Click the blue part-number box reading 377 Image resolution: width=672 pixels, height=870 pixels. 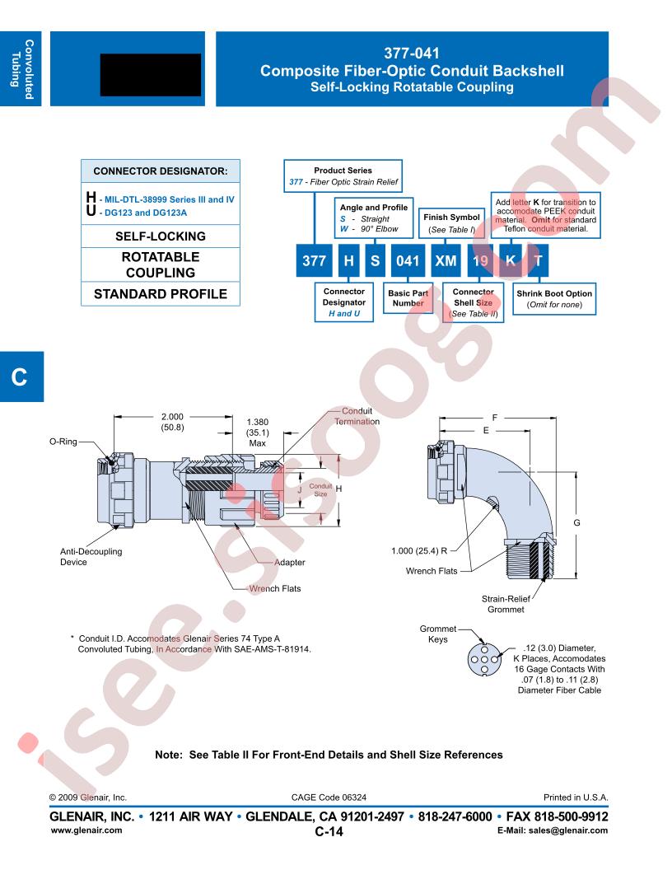(314, 260)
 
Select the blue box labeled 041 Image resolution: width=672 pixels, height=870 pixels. (408, 260)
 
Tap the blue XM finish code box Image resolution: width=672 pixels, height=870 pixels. (446, 260)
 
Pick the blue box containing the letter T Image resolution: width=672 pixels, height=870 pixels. (538, 260)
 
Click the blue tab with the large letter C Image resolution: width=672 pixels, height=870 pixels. (21, 377)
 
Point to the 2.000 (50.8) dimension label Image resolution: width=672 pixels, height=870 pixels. (172, 422)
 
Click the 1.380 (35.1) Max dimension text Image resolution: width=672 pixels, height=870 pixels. (257, 433)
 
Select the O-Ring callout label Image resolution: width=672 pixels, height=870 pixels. (63, 442)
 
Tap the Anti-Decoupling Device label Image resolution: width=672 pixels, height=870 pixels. (91, 556)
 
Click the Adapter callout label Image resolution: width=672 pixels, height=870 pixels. (289, 562)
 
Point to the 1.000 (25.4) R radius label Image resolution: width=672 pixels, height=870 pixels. (419, 550)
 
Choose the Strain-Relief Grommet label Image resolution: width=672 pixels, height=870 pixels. (506, 604)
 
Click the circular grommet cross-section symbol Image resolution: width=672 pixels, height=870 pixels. (484, 660)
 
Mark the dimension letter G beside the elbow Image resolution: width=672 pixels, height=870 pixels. (576, 522)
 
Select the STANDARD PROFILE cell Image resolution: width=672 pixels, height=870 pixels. (161, 294)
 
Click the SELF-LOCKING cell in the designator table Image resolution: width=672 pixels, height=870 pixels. (161, 236)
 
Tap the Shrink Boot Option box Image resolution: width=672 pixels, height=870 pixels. (554, 298)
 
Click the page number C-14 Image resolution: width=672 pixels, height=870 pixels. (329, 831)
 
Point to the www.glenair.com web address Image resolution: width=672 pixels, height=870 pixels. (86, 830)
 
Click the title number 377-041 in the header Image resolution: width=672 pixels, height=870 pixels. (412, 54)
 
